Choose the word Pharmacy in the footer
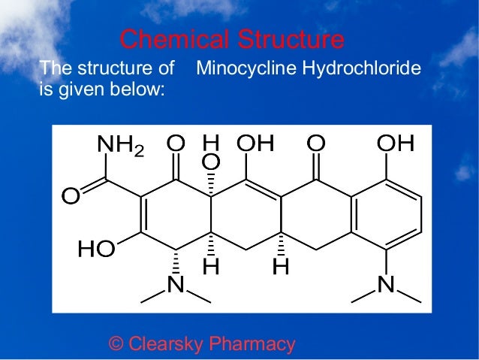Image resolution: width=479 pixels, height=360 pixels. click(252, 344)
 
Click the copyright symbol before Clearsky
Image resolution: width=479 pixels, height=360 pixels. click(116, 344)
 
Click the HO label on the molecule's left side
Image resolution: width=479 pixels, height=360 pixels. click(96, 250)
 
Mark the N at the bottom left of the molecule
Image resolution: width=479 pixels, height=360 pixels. click(176, 286)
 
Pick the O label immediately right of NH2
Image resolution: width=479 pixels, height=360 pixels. click(176, 143)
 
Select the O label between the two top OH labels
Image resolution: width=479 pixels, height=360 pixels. click(316, 143)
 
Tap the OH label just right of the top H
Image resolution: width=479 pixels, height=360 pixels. click(255, 143)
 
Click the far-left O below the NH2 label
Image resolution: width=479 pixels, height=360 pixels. click(71, 197)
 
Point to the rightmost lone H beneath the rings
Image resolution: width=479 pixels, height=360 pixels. click(281, 266)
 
